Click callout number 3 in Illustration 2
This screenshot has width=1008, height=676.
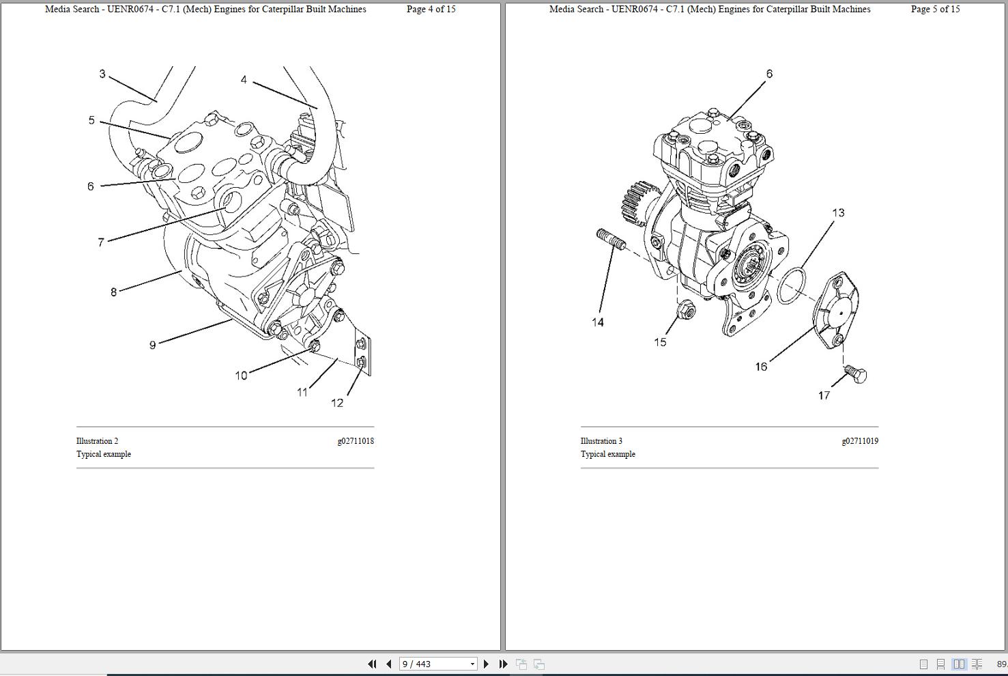[102, 74]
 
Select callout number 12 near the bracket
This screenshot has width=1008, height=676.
[337, 403]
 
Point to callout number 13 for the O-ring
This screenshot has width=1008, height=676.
[838, 213]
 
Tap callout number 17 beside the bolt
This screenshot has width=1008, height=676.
[824, 395]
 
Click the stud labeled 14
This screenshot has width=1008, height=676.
[611, 240]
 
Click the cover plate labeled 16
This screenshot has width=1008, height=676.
[837, 311]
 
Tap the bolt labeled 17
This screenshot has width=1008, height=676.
[856, 374]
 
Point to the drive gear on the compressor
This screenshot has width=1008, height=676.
[635, 203]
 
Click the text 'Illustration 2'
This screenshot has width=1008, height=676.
[97, 441]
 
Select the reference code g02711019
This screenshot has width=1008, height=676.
[859, 441]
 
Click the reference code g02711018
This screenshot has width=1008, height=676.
[355, 441]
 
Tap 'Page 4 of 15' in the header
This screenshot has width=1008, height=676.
[431, 10]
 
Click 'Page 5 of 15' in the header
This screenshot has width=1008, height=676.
[935, 10]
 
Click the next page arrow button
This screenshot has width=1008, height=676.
[486, 664]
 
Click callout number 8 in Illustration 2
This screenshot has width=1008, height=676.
[114, 292]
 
